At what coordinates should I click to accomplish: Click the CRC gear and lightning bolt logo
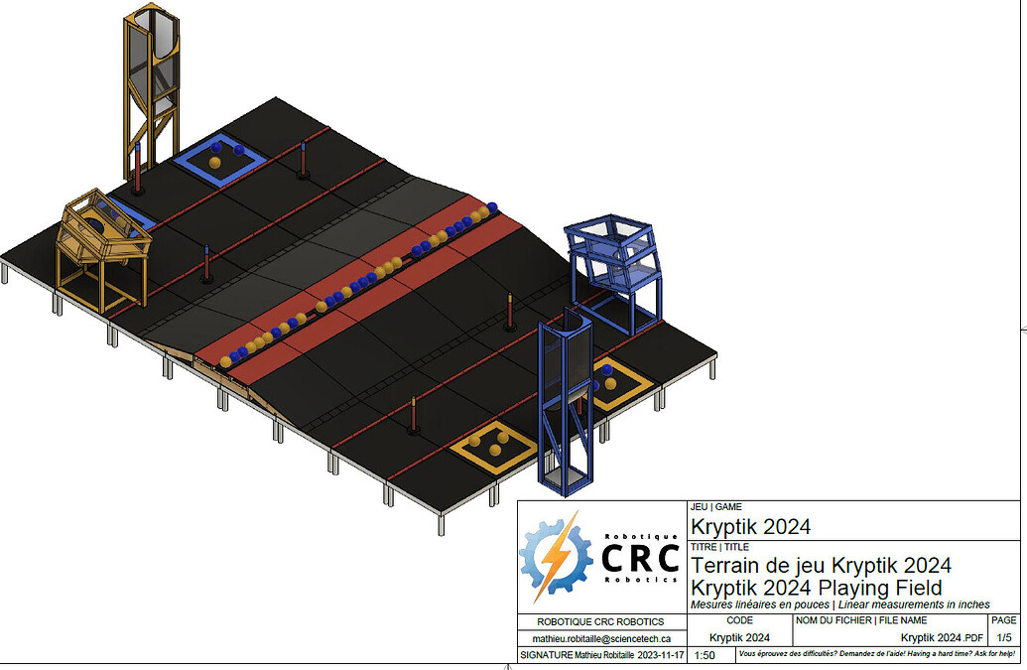[556, 557]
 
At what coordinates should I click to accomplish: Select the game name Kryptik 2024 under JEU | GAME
[750, 526]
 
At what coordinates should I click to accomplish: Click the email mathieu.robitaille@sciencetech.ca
[601, 638]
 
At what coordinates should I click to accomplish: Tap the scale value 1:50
[705, 655]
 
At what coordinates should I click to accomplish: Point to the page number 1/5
[1004, 637]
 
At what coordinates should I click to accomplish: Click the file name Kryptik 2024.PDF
[942, 638]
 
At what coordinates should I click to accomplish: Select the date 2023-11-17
[661, 655]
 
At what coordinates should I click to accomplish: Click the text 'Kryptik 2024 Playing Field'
[816, 588]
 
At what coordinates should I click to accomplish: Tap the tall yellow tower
[151, 91]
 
